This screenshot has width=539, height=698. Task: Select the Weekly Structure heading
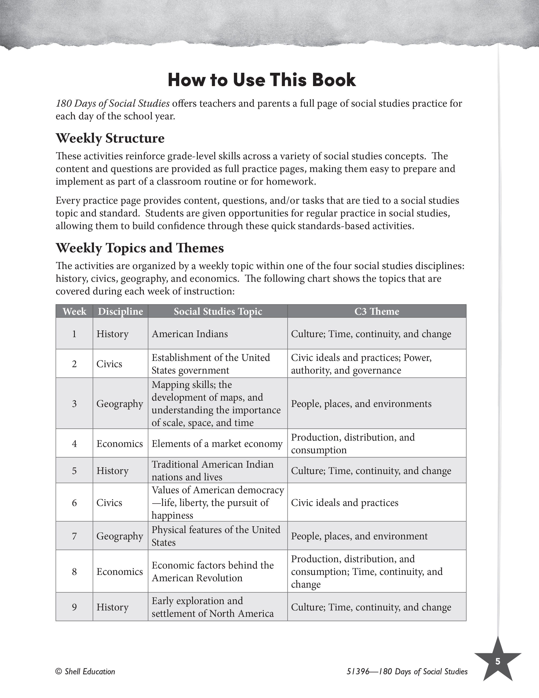(x=110, y=138)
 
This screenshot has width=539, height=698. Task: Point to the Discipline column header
(x=120, y=311)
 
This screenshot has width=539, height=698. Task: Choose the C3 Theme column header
(x=377, y=311)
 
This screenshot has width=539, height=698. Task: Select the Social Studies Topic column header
(x=218, y=311)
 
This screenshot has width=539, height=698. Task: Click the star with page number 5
(x=498, y=662)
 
